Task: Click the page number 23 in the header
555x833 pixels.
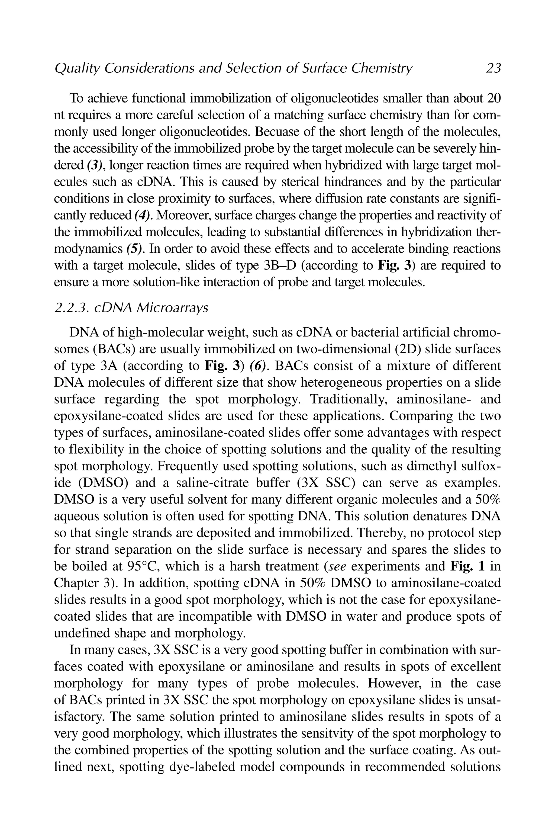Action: [493, 68]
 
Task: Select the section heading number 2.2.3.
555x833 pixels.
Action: [71, 308]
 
